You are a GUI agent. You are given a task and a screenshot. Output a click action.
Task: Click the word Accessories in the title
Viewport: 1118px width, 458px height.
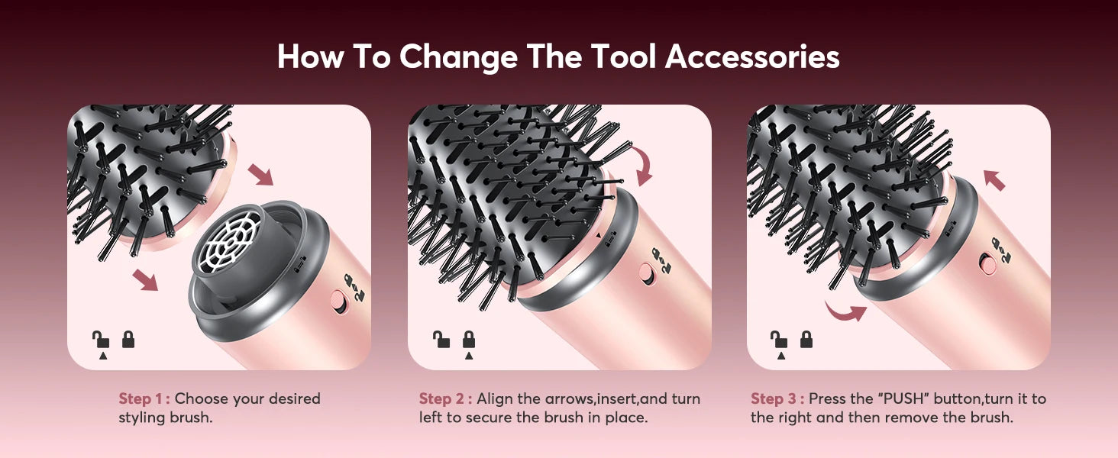pos(752,57)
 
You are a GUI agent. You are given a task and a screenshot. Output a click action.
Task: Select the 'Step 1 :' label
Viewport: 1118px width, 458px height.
pos(144,398)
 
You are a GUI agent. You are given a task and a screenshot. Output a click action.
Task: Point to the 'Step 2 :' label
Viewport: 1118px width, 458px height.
pos(445,398)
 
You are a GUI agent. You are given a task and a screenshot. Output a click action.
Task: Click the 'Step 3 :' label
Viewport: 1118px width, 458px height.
pos(777,398)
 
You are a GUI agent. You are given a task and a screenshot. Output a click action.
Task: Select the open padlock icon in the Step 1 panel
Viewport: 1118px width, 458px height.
pos(100,339)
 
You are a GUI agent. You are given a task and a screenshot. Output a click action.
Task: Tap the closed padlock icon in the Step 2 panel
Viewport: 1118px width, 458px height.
pos(469,339)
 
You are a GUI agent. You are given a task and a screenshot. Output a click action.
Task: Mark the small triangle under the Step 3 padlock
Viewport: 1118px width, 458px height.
pos(780,355)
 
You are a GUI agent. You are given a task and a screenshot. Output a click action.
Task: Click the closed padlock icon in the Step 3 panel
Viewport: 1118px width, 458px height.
pos(806,339)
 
